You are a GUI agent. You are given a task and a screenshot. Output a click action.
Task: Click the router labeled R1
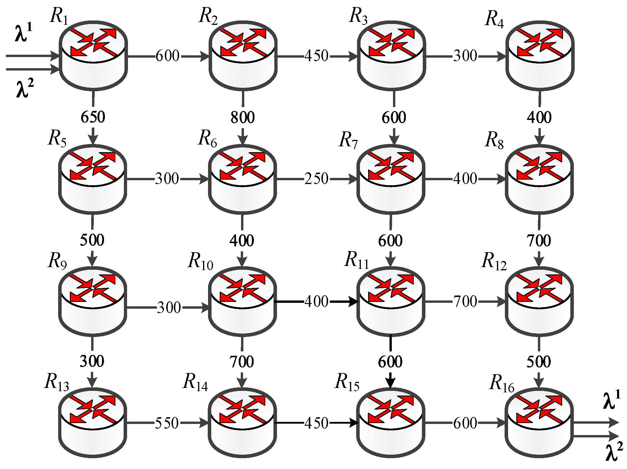coord(93,56)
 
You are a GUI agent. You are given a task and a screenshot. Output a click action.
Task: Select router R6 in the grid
coord(242,179)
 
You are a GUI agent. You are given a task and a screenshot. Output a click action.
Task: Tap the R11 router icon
coord(391,301)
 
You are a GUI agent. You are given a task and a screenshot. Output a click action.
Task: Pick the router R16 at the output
coord(539,423)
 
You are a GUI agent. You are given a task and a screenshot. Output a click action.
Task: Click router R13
coord(93,423)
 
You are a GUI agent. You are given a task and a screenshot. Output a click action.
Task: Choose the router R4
coord(540,56)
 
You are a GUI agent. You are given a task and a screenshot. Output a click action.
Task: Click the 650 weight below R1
coord(93,117)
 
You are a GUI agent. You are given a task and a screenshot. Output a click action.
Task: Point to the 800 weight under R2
coord(243,117)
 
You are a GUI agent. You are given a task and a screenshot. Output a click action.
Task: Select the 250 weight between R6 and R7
coord(316,179)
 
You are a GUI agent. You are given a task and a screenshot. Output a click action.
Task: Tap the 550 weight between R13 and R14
coord(167,423)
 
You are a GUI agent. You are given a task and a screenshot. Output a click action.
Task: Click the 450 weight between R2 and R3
coord(316,56)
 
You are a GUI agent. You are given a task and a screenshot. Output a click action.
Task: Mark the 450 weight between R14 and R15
coord(316,423)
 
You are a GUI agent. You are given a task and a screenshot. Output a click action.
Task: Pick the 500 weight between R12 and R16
coord(539,362)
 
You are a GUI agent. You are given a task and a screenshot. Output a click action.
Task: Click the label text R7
coord(349,140)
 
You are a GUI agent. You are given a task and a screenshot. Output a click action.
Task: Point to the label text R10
coord(201,261)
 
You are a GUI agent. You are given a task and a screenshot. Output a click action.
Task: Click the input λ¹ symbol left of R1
coord(23,33)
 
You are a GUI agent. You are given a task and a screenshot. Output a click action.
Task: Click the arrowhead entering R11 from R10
coord(354,301)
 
